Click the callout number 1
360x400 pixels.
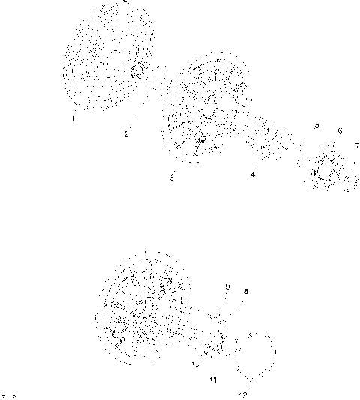(74, 117)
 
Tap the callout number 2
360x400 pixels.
(127, 134)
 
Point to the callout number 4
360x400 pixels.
(253, 174)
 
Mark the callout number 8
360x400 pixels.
(246, 292)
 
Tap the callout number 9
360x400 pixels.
(228, 286)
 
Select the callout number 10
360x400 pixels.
(196, 365)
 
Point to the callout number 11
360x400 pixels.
(214, 380)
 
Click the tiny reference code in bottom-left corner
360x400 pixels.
(10, 394)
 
